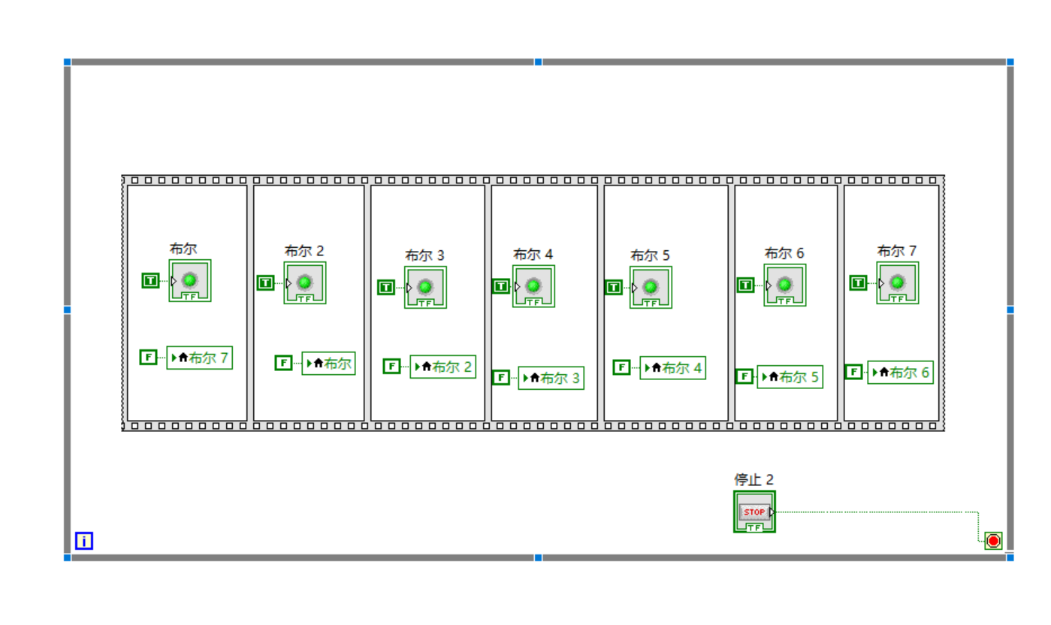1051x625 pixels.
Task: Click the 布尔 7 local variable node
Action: point(199,358)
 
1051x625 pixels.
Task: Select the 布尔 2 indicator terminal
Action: point(304,282)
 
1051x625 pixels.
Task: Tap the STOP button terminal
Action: point(754,512)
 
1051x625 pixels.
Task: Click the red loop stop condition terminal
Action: point(993,541)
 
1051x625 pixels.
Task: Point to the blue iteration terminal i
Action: point(84,541)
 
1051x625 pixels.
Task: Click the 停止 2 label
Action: point(754,479)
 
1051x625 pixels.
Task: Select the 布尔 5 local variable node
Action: point(790,376)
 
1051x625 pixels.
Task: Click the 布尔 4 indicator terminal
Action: point(533,286)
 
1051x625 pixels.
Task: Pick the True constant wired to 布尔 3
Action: point(385,287)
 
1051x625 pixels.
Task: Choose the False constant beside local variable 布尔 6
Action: point(853,372)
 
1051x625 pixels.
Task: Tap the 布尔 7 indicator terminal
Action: point(897,282)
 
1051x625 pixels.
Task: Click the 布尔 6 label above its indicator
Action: point(784,253)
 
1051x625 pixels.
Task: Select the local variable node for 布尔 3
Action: point(551,378)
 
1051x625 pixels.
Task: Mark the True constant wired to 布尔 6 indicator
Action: point(745,285)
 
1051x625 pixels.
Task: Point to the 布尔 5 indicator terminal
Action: point(651,287)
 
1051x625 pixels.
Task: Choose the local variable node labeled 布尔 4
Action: point(672,368)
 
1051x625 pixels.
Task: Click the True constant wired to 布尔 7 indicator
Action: point(858,282)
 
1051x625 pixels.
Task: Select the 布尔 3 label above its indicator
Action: point(424,255)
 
